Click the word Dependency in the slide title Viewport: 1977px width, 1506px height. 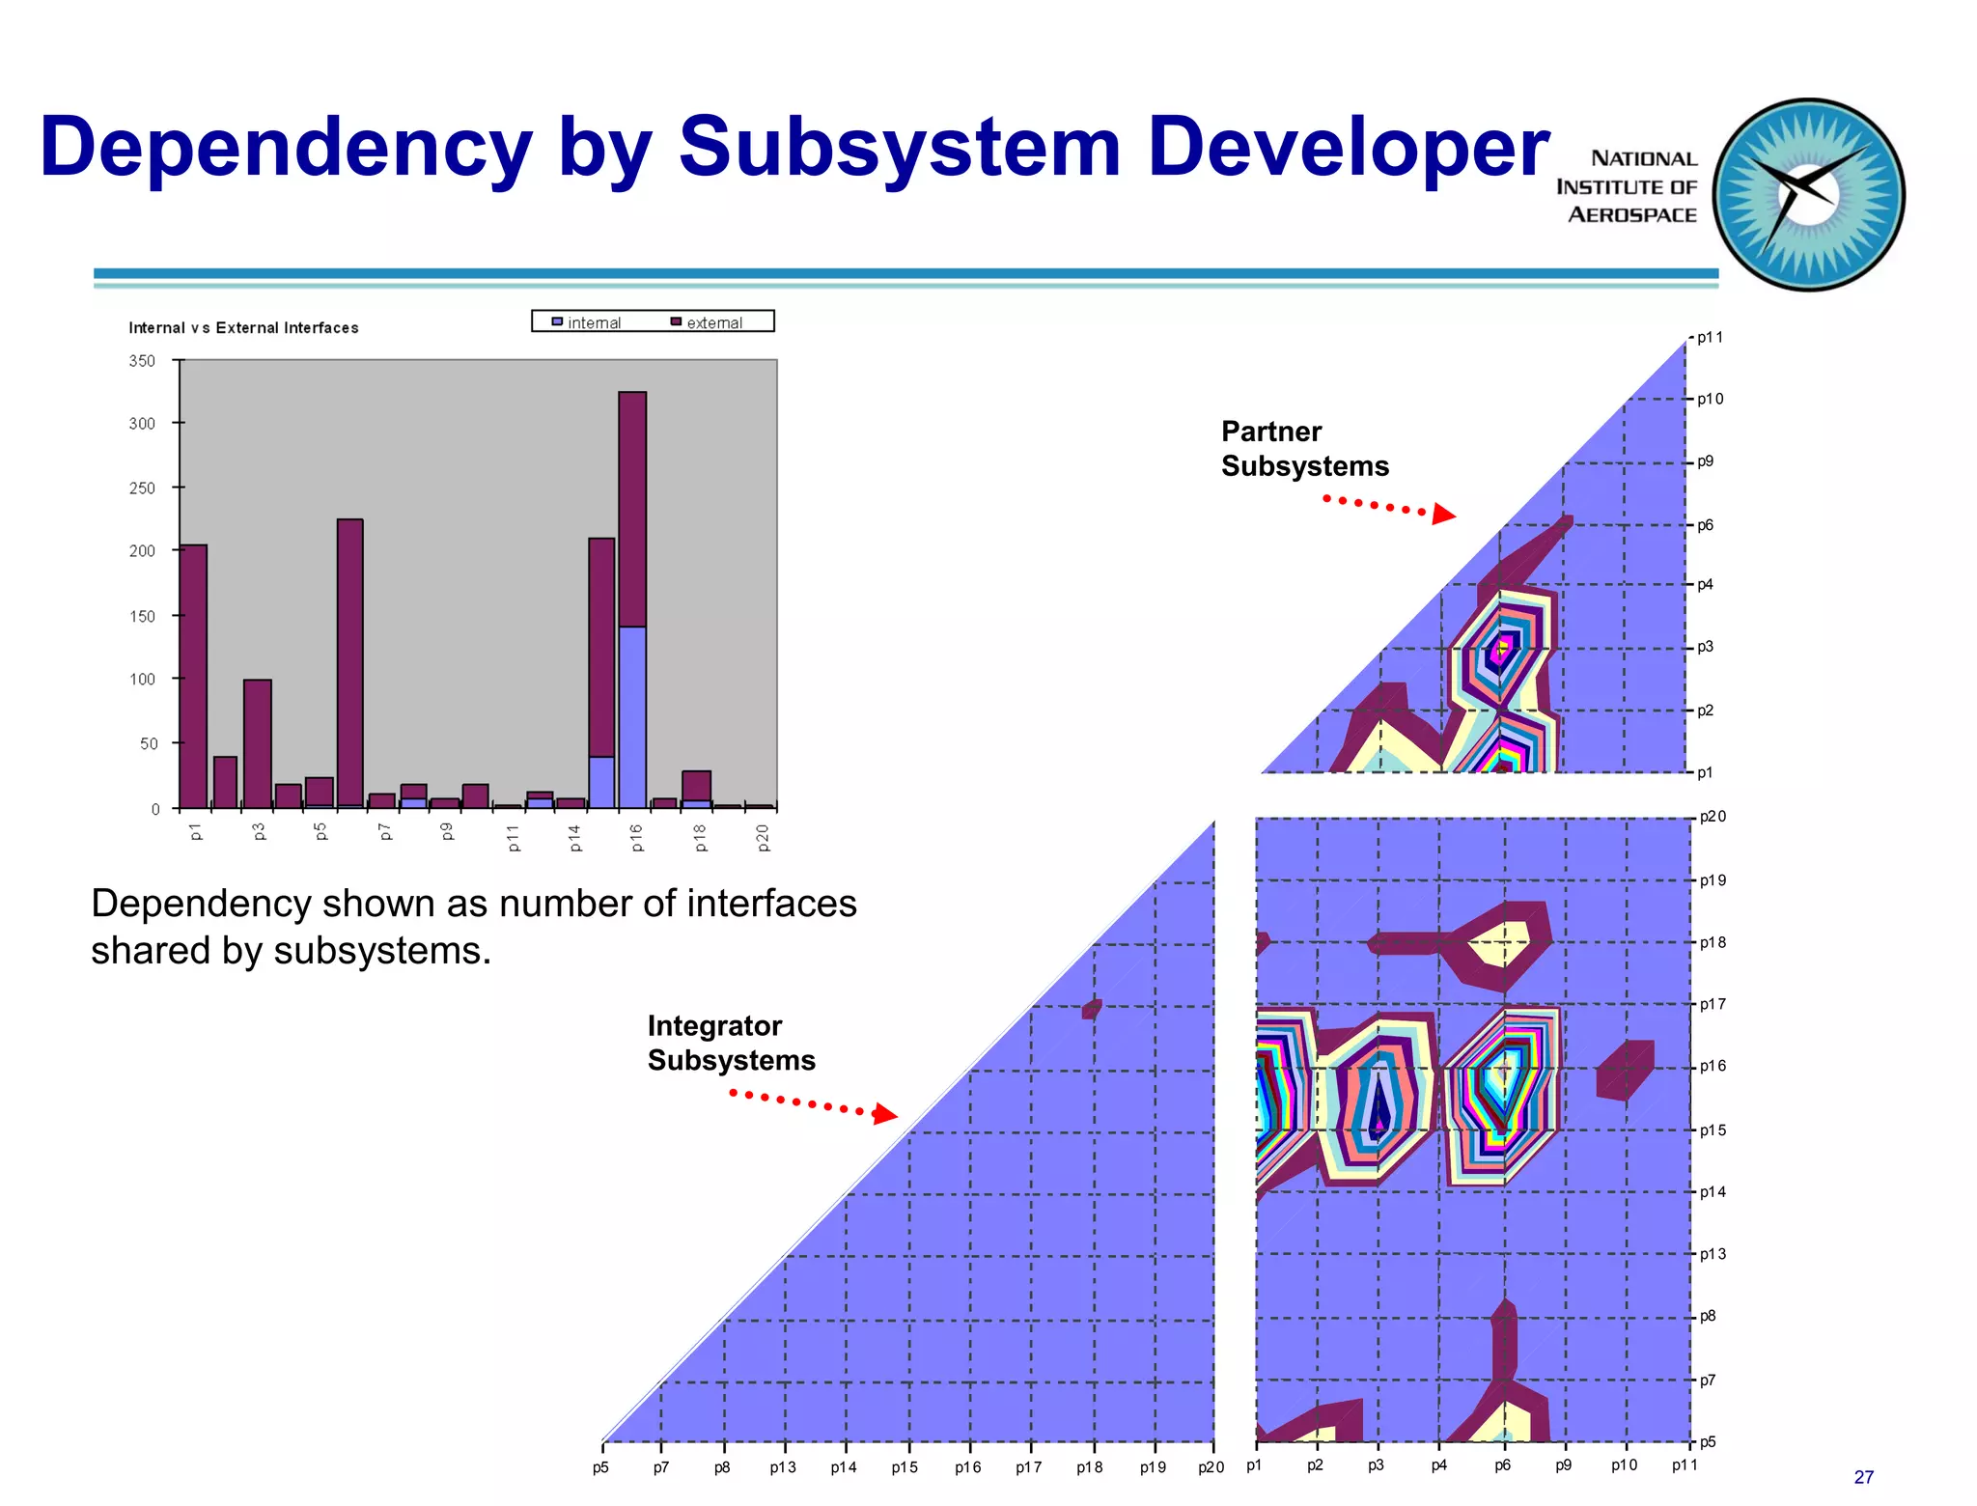286,149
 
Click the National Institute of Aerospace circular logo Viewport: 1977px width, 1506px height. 1808,194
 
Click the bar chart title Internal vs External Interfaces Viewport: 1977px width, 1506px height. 243,328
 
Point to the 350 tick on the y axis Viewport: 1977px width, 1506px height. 142,361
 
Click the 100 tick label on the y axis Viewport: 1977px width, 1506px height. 142,680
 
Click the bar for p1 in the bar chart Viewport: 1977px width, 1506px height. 194,676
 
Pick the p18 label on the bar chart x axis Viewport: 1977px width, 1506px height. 700,837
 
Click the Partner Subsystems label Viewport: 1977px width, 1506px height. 1304,449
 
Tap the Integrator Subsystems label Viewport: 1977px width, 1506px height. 731,1043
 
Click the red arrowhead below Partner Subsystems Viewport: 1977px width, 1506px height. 1443,514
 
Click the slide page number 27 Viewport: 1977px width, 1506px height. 1863,1477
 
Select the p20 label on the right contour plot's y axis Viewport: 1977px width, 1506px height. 1712,817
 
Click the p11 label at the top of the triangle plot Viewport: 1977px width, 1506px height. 1710,338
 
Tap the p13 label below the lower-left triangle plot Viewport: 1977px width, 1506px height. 782,1467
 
